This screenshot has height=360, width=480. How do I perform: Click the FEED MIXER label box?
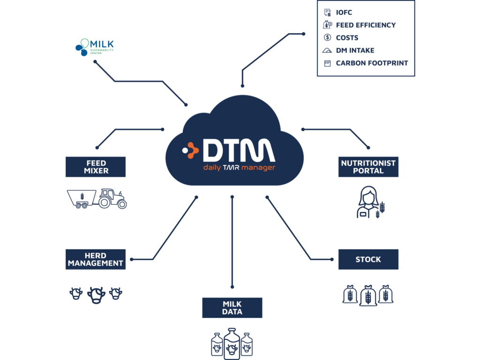click(96, 167)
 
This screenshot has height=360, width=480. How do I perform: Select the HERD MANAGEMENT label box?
click(96, 259)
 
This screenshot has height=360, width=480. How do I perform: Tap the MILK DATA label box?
click(232, 308)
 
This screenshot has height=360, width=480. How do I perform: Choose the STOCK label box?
click(368, 259)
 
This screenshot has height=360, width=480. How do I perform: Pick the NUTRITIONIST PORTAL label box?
click(368, 167)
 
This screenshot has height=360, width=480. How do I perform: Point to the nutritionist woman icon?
click(367, 202)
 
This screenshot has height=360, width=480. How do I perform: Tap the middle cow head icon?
click(96, 294)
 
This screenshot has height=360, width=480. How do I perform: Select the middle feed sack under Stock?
click(368, 295)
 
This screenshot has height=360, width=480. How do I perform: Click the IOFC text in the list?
click(344, 13)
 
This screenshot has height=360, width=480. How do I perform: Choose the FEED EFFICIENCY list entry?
click(366, 25)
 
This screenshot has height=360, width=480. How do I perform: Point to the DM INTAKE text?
click(355, 50)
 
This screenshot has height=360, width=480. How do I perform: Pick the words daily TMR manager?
click(239, 167)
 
